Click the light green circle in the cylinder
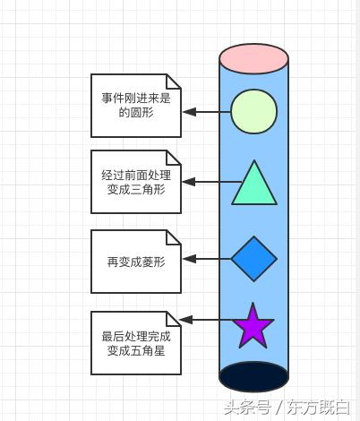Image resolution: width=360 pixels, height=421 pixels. (x=254, y=111)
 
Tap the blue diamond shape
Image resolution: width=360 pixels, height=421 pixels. (x=254, y=259)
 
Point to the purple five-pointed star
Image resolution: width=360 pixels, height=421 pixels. (x=253, y=327)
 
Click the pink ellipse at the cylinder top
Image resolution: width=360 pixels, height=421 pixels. (x=254, y=58)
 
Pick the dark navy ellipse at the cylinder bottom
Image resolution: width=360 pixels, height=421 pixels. (x=254, y=376)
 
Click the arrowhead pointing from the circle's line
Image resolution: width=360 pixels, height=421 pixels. (x=189, y=112)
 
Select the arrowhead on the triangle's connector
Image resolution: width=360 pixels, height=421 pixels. (x=189, y=182)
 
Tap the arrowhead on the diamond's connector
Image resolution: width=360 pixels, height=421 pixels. (x=189, y=259)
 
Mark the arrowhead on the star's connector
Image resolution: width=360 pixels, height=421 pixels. (x=185, y=320)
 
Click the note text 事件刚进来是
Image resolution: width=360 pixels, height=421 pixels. (x=136, y=99)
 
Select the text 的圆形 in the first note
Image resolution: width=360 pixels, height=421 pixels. (x=136, y=113)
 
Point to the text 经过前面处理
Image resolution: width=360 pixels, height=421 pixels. (x=136, y=176)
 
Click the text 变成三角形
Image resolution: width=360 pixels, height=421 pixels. (x=136, y=190)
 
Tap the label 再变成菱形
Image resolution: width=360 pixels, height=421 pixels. (x=136, y=262)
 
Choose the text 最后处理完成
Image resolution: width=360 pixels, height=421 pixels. (x=136, y=337)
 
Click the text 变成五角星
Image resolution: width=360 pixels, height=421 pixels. (x=136, y=351)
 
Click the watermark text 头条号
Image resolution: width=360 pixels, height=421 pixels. (x=247, y=407)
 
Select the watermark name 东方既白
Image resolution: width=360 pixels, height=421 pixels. (x=318, y=408)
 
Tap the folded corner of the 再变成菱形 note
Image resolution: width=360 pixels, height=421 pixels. (x=174, y=237)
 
